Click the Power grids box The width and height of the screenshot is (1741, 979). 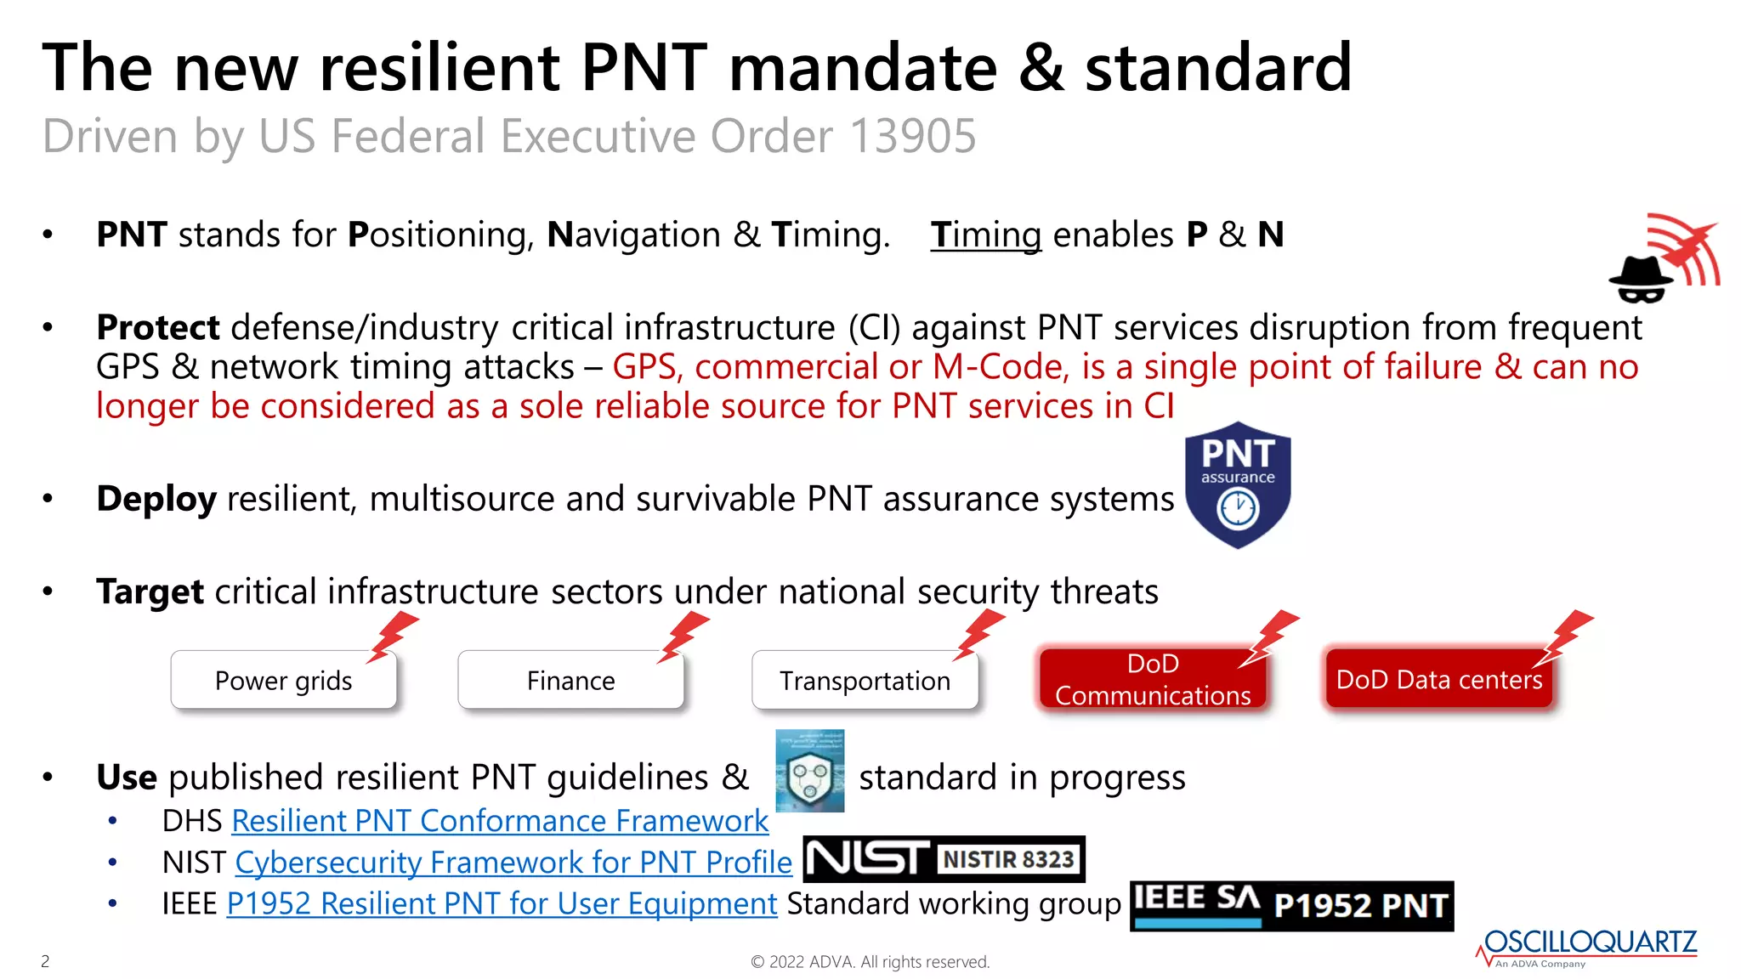coord(283,680)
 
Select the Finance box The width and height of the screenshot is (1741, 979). coord(570,680)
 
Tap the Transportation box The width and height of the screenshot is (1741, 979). coord(865,680)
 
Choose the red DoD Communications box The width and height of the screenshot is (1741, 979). coord(1152,679)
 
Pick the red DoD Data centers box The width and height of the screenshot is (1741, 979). coord(1438,679)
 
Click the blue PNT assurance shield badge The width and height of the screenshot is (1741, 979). coord(1238,485)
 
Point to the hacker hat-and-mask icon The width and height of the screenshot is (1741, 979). coord(1640,279)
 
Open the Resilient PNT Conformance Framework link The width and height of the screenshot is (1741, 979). coord(500,821)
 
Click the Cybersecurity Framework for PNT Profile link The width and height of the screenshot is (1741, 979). coord(513,863)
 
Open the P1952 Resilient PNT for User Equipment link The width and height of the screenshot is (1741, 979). coord(502,903)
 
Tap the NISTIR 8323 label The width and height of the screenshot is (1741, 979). coord(1009,859)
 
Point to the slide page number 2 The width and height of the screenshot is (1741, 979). coord(45,961)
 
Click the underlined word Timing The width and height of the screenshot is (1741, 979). coord(985,235)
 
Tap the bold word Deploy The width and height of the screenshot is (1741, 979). coord(156,499)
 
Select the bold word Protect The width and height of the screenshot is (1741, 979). coord(158,327)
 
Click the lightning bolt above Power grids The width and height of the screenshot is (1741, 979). coord(393,636)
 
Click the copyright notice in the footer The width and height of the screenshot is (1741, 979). coord(870,962)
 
